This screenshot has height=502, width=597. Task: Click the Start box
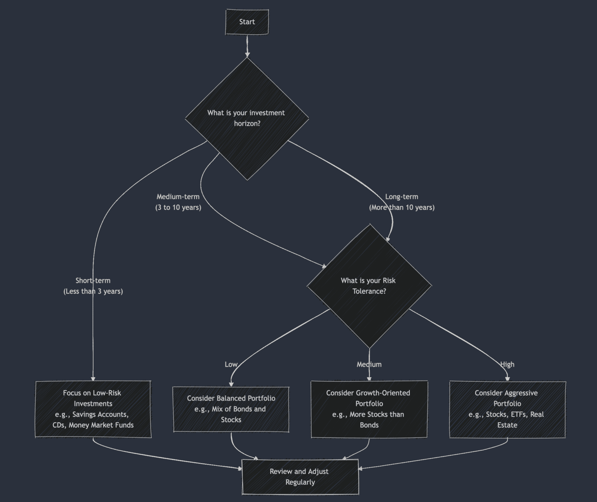(247, 22)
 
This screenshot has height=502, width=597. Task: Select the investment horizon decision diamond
(247, 118)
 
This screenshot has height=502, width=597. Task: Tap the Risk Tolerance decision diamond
(369, 286)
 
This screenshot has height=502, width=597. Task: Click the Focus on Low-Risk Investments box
(93, 409)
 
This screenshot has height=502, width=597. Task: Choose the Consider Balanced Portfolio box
(231, 409)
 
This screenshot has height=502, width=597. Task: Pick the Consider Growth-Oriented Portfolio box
(369, 409)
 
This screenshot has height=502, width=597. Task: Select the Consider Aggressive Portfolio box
(507, 409)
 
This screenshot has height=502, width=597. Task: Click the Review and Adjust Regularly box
(300, 477)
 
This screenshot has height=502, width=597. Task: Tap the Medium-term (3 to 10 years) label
(178, 202)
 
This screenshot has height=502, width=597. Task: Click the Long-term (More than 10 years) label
(401, 202)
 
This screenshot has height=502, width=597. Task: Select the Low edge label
(231, 365)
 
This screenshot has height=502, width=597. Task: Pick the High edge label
(507, 365)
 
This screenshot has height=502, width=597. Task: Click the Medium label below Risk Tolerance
(369, 365)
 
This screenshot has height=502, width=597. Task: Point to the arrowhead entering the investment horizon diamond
(247, 55)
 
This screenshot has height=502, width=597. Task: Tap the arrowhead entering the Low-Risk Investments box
(93, 378)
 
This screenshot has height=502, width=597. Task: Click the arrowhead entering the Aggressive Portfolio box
(507, 378)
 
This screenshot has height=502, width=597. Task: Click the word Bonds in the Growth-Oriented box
(369, 425)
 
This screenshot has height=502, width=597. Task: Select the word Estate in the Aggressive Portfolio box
(507, 425)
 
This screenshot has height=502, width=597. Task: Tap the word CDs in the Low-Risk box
(59, 425)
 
